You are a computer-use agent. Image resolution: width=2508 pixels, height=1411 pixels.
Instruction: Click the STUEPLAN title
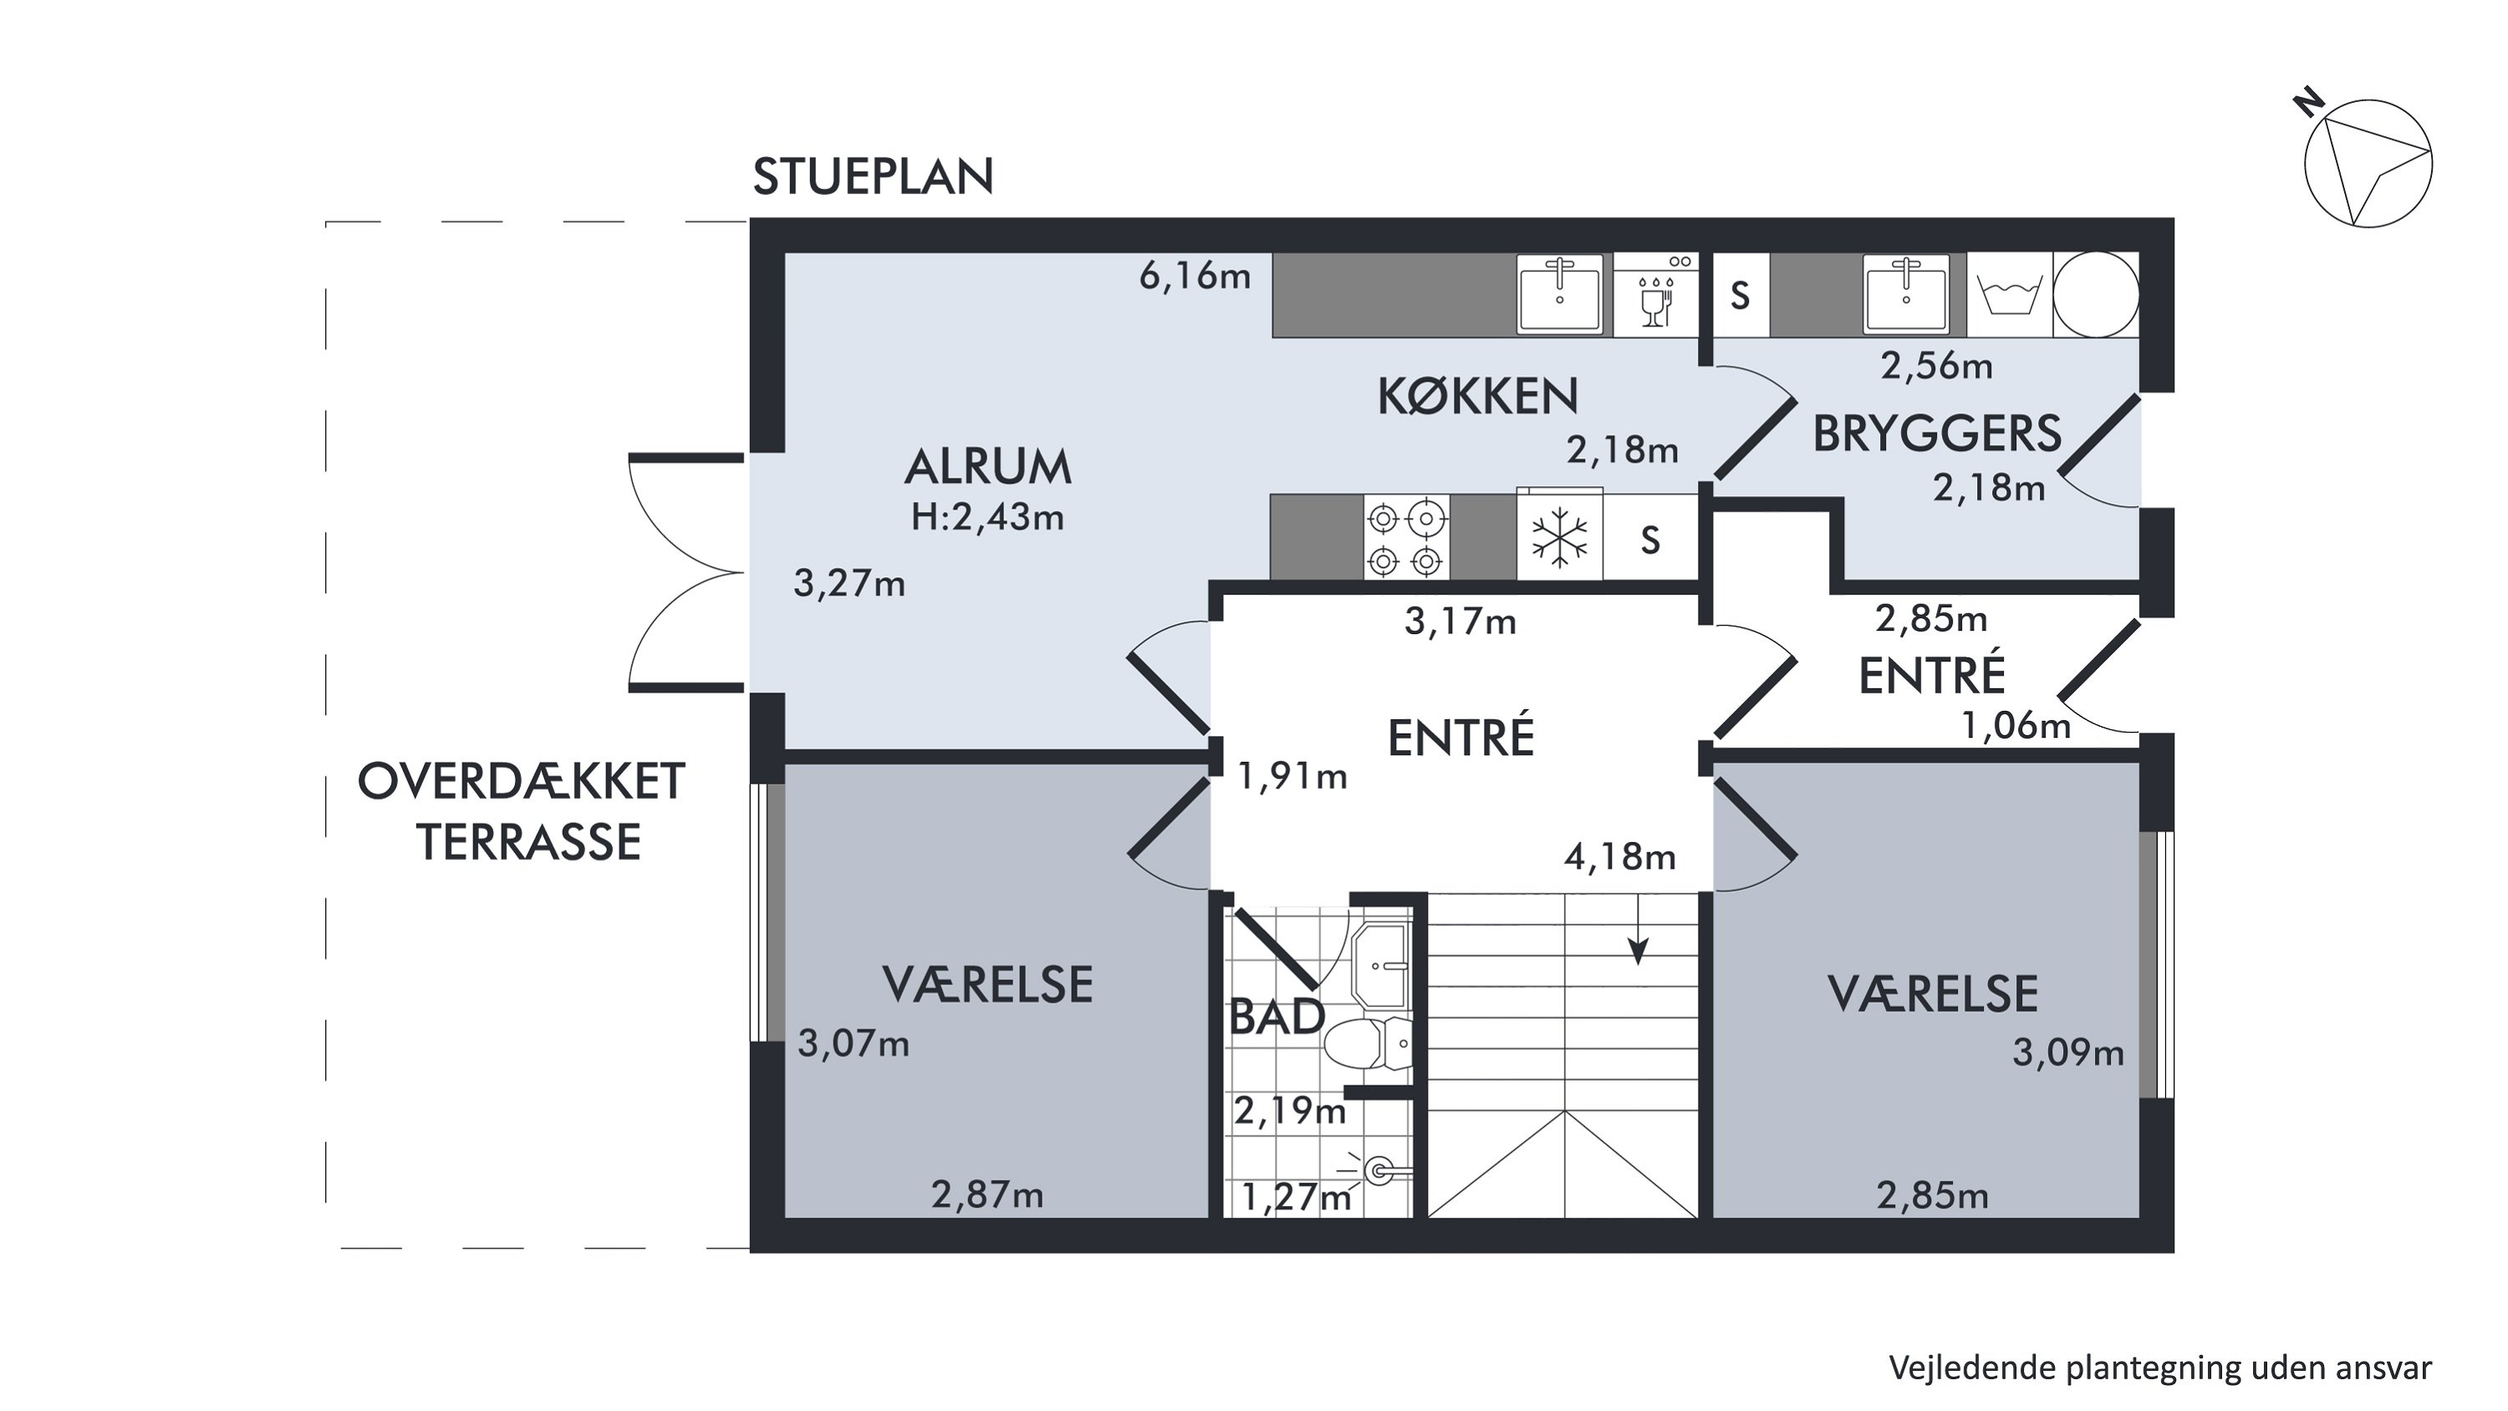[x=874, y=177]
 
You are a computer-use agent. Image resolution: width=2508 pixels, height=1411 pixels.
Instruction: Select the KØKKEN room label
[x=1478, y=396]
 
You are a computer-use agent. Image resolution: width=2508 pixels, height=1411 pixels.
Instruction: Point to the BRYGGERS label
[x=1936, y=434]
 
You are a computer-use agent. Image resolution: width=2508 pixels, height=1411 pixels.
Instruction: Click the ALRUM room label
[x=988, y=468]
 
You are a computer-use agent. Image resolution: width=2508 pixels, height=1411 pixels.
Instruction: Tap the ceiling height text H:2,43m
[x=987, y=517]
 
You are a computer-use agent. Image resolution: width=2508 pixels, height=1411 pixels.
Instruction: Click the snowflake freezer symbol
[x=1559, y=538]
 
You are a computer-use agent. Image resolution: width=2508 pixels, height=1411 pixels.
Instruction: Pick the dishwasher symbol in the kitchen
[x=1655, y=295]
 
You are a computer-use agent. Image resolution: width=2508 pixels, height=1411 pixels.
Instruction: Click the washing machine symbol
[x=2010, y=295]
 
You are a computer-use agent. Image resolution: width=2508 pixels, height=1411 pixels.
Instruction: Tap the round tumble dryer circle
[x=2096, y=295]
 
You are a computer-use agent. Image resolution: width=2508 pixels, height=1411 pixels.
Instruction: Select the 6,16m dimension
[x=1195, y=277]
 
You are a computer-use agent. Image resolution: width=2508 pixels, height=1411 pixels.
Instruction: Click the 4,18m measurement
[x=1620, y=857]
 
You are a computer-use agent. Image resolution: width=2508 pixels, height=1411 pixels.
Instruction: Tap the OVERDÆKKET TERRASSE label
[x=522, y=811]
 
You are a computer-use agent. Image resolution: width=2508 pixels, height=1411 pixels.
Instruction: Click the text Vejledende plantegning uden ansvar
[x=2160, y=1368]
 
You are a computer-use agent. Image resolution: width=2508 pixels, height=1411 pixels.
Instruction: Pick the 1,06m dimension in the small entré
[x=2016, y=725]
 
